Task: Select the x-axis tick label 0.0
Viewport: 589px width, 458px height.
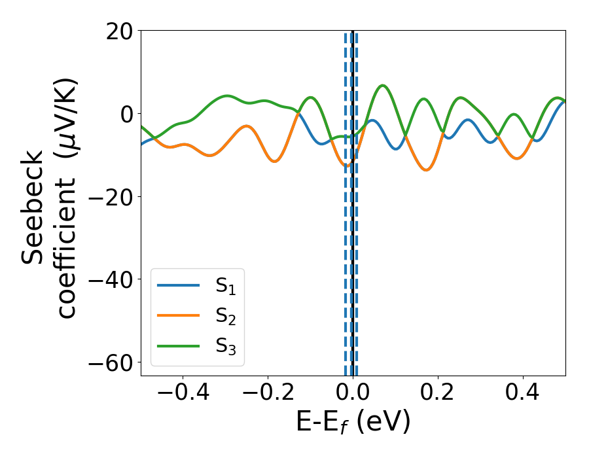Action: click(353, 394)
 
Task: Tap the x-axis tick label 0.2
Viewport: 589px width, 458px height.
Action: click(438, 394)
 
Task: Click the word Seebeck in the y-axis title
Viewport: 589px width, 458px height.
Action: click(33, 207)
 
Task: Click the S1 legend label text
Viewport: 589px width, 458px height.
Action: click(226, 286)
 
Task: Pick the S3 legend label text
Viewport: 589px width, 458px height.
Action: click(226, 346)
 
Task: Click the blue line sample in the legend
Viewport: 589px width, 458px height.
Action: click(178, 285)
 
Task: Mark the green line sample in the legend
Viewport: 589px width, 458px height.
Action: click(178, 345)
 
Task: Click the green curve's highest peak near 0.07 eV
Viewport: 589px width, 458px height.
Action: click(383, 86)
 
